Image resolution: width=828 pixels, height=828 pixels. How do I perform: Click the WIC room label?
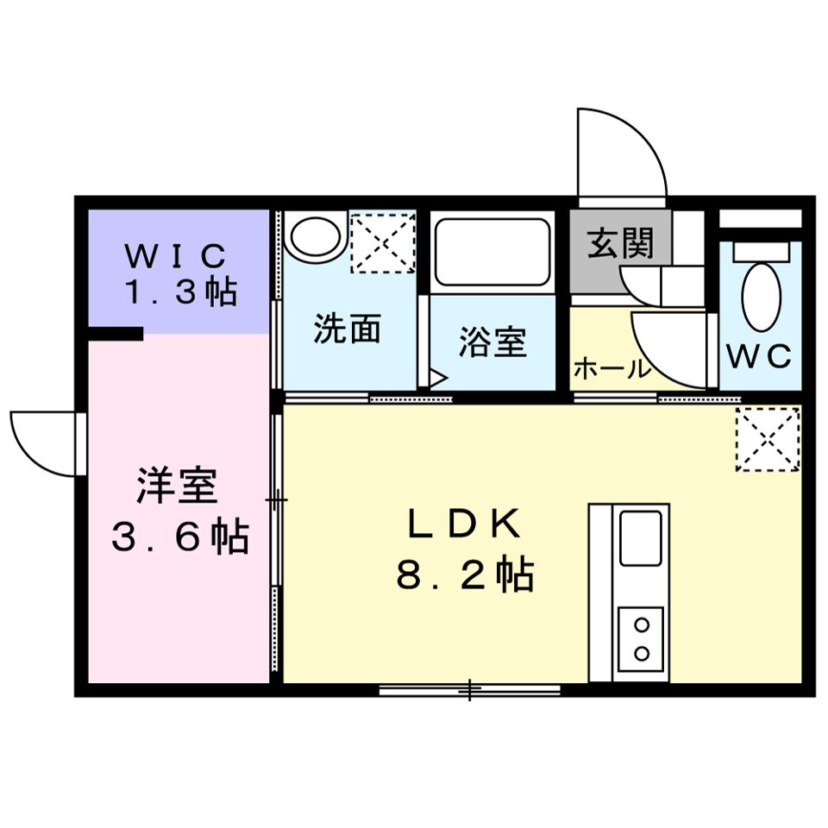click(176, 255)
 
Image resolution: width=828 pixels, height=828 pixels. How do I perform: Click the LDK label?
click(464, 523)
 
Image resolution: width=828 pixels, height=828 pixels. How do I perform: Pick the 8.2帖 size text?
click(464, 574)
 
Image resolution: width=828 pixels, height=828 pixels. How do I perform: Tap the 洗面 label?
click(347, 329)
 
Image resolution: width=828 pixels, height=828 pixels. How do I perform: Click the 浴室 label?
click(492, 342)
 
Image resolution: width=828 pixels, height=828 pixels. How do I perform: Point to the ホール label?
click(612, 370)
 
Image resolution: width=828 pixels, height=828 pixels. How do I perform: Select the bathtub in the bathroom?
click(492, 252)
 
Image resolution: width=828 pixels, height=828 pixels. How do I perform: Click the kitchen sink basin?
click(640, 537)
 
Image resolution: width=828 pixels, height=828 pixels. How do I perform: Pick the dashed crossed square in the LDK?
click(767, 440)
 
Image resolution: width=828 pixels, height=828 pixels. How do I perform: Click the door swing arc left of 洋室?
click(43, 440)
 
